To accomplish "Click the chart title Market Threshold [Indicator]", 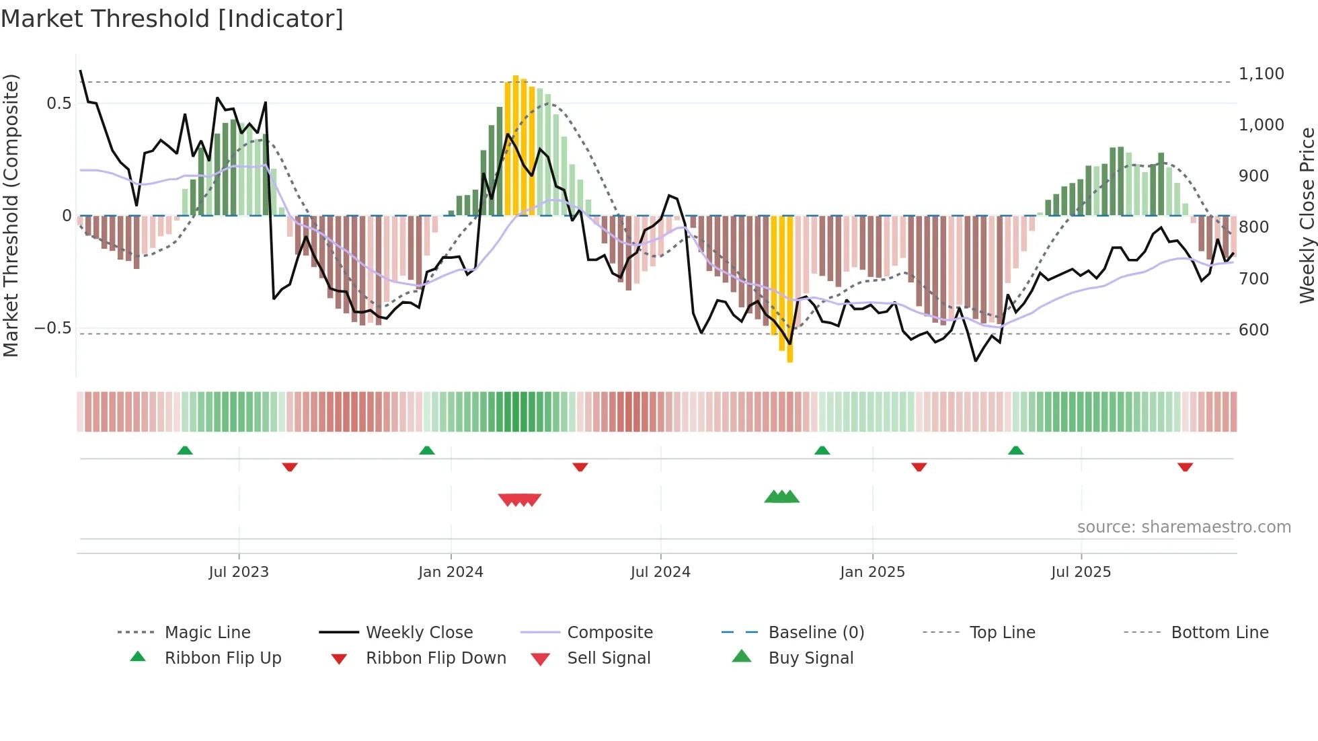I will (172, 19).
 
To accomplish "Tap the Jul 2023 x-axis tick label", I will (238, 572).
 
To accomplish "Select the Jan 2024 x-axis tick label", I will (451, 572).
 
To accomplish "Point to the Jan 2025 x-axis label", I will (872, 572).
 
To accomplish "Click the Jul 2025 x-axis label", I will (1081, 572).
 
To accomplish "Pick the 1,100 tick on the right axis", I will (1261, 74).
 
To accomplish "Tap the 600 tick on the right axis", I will (1253, 330).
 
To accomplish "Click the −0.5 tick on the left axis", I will (53, 328).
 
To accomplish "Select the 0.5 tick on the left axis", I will (59, 104).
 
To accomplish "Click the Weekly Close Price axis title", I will (1307, 215).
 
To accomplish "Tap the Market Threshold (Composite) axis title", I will (11, 215).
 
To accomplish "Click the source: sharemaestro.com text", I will (1184, 527).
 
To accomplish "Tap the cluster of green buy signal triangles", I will (781, 497).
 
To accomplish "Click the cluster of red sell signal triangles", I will (519, 500).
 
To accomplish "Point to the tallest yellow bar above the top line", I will (516, 145).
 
